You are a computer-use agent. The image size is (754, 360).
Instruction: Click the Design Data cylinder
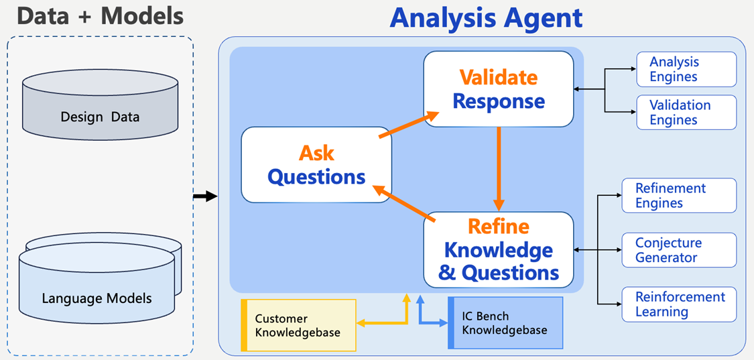pos(101,107)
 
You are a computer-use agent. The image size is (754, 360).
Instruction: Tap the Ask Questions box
pos(316,165)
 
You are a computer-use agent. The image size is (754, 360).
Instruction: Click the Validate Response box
pos(499,89)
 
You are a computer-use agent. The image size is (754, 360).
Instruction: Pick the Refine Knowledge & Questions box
pos(499,249)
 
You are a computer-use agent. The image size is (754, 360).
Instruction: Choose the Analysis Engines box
pos(686,69)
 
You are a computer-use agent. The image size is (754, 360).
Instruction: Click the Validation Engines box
pos(686,112)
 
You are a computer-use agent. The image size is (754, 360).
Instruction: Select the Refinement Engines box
pos(679,196)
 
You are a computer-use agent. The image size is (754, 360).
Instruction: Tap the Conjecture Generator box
pos(679,250)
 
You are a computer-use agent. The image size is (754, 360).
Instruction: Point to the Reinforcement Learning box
pos(679,304)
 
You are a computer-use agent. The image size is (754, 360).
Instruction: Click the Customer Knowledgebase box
pos(299,325)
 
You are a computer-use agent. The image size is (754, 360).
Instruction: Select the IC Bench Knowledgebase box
pos(505,323)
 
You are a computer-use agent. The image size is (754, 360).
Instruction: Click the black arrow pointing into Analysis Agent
pos(205,196)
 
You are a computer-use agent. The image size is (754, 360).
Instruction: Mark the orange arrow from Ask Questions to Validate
pos(409,125)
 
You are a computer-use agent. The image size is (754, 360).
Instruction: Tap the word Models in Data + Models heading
pos(142,15)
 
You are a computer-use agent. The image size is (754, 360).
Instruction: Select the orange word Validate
pos(499,78)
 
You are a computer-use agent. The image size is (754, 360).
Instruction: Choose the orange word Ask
pos(316,153)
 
